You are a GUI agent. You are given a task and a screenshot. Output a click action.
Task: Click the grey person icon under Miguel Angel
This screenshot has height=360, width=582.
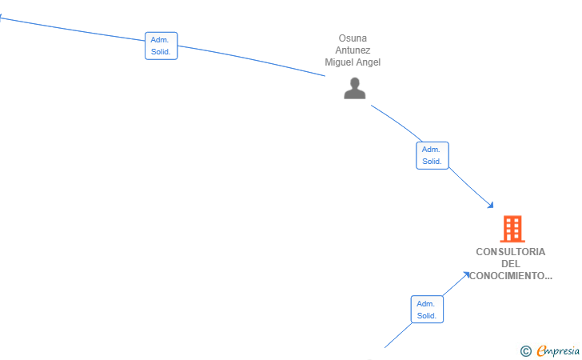pos(354,88)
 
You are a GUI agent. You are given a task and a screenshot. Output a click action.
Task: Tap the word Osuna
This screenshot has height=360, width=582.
pos(353,38)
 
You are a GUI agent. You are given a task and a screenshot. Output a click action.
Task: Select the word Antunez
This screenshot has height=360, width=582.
pos(353,50)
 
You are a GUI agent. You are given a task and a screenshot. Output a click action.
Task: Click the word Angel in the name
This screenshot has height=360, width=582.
pos(369,62)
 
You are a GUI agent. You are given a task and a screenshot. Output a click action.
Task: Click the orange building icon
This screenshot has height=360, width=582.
pos(512,229)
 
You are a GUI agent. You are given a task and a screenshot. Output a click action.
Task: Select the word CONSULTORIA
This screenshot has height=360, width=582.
pos(510,252)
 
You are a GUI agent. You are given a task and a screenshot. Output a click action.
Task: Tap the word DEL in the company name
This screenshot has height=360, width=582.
pos(511,264)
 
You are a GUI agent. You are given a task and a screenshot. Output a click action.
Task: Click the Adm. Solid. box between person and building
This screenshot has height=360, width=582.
pos(432,155)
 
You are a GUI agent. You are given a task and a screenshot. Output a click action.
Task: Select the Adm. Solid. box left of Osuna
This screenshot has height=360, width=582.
pos(161,46)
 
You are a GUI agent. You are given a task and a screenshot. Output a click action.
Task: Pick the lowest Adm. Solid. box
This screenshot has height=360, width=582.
pos(427,310)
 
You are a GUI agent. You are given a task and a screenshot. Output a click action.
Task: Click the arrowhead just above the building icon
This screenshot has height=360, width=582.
pos(491,205)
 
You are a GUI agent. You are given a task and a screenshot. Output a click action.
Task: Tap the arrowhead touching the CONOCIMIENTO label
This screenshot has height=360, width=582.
pos(467,274)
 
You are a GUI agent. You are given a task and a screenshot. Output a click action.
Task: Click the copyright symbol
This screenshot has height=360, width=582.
pos(525,351)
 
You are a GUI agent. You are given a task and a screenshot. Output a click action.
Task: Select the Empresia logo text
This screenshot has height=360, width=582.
pos(558,350)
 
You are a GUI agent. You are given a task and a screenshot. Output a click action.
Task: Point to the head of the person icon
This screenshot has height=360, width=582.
pos(355,82)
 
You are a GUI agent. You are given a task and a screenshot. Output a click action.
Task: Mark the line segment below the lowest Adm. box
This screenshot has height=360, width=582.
pos(398,335)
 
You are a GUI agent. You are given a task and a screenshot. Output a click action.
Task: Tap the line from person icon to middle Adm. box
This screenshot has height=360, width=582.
pos(397,122)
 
